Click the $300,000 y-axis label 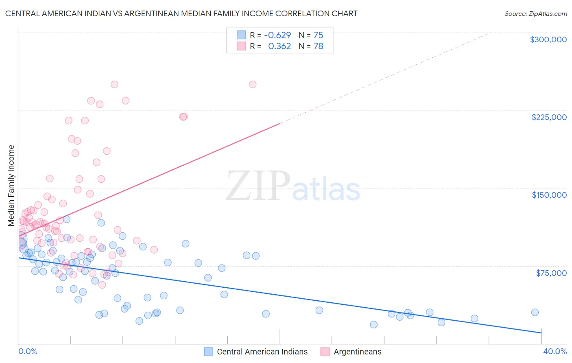click(548, 39)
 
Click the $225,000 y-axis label click(549, 117)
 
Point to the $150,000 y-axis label click(549, 195)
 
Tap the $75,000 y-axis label click(551, 273)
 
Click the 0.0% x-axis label click(28, 352)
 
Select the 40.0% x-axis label click(555, 352)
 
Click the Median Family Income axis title click(11, 186)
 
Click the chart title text click(181, 13)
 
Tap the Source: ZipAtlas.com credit click(535, 14)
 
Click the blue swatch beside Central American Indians click(209, 352)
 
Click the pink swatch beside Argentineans click(325, 352)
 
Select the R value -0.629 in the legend click(277, 35)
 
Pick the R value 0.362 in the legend click(279, 46)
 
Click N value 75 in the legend click(318, 35)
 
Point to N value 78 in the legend click(318, 46)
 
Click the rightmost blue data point click(535, 313)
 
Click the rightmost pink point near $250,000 click(253, 85)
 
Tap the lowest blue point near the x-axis click(373, 324)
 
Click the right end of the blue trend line click(541, 333)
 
